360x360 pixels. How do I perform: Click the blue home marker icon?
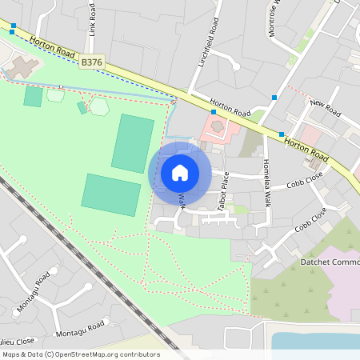pos(180,172)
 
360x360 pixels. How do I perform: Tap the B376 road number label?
pos(92,61)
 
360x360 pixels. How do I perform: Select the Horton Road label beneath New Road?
pos(306,145)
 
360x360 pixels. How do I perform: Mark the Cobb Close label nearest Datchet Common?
pos(310,219)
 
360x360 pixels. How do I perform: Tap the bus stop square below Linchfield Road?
pos(213,113)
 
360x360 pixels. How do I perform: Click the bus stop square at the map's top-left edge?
pos(13,26)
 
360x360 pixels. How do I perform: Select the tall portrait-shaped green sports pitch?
pos(132,143)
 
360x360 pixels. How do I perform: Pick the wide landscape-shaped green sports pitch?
pos(111,194)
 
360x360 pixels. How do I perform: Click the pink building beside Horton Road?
pos(219,129)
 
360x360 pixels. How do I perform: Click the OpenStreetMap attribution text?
pos(81,354)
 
